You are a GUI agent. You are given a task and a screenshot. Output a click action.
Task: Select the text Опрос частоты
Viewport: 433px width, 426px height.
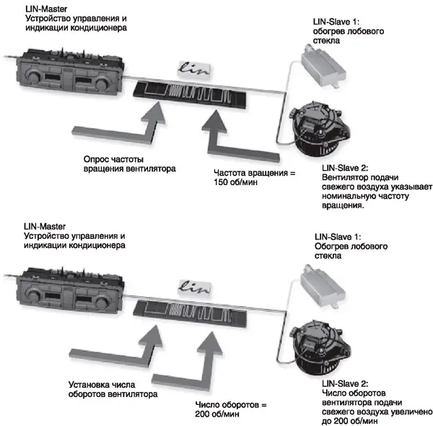click(x=109, y=158)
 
